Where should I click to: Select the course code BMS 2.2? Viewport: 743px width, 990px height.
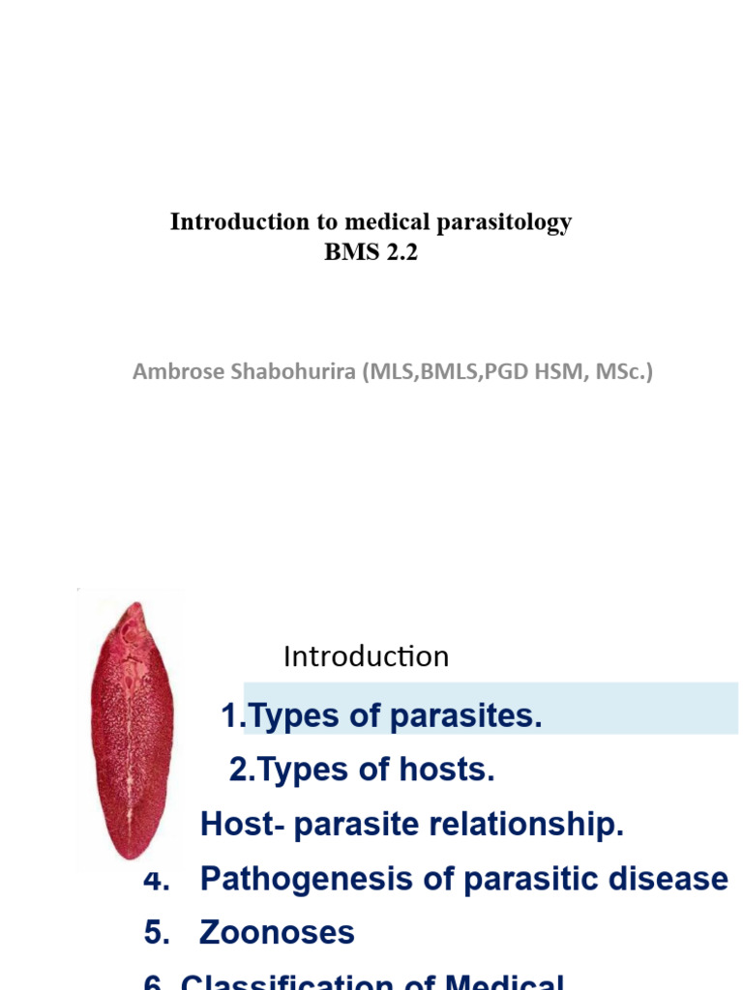[x=371, y=254]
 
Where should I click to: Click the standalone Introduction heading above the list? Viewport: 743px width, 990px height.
[x=366, y=657]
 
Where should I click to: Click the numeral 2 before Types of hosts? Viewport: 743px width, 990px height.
[x=238, y=771]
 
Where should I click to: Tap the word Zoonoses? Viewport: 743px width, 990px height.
[x=277, y=933]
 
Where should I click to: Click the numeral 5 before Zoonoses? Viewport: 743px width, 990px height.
[x=152, y=933]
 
